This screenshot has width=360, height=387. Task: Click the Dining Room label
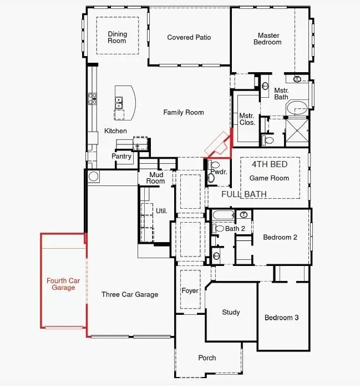(117, 38)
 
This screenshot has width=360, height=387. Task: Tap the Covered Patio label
(190, 38)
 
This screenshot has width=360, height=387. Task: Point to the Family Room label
(184, 113)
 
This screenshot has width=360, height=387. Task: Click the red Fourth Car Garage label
(63, 284)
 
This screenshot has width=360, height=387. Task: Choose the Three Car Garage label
(130, 295)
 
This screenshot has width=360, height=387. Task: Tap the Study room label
(231, 312)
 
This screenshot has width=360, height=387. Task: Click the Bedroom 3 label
(281, 318)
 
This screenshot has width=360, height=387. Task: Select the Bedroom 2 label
(280, 238)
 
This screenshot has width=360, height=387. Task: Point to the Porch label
(207, 358)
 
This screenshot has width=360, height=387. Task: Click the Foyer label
(190, 291)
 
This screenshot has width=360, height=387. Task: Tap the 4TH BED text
(270, 165)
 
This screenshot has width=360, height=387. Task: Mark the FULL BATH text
(244, 194)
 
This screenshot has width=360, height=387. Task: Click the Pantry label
(121, 157)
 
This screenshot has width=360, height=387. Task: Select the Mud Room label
(156, 178)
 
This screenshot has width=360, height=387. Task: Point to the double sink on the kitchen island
(119, 102)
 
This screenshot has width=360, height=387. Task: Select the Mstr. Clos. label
(247, 119)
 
